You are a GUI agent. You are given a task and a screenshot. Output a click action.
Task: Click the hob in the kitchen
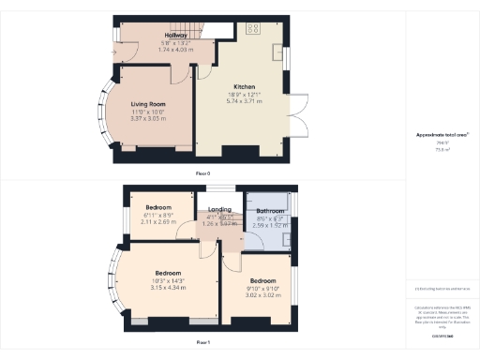(x=253, y=27)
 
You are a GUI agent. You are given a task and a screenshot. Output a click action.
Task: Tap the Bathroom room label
(x=270, y=212)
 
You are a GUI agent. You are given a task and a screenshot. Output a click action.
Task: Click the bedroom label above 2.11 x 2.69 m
(x=158, y=207)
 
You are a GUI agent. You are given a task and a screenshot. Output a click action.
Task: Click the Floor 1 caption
(x=202, y=343)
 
